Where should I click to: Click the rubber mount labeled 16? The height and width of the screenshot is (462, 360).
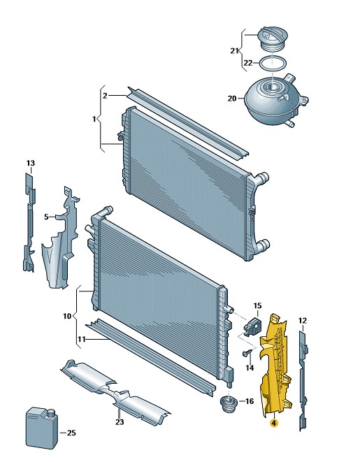[229, 403]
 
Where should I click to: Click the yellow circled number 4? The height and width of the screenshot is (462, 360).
[274, 423]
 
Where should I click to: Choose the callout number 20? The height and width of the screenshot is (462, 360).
[232, 99]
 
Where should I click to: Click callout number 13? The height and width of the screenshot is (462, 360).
[31, 163]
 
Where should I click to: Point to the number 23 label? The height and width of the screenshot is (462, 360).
[120, 422]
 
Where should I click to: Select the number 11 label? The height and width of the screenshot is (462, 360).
[82, 340]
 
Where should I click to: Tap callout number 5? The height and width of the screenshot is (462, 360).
[46, 217]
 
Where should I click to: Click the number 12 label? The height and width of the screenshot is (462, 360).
[303, 321]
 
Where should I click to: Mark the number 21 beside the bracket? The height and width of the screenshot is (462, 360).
[234, 51]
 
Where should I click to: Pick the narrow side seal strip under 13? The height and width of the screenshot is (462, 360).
[29, 222]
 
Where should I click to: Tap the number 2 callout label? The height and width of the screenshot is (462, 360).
[105, 96]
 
